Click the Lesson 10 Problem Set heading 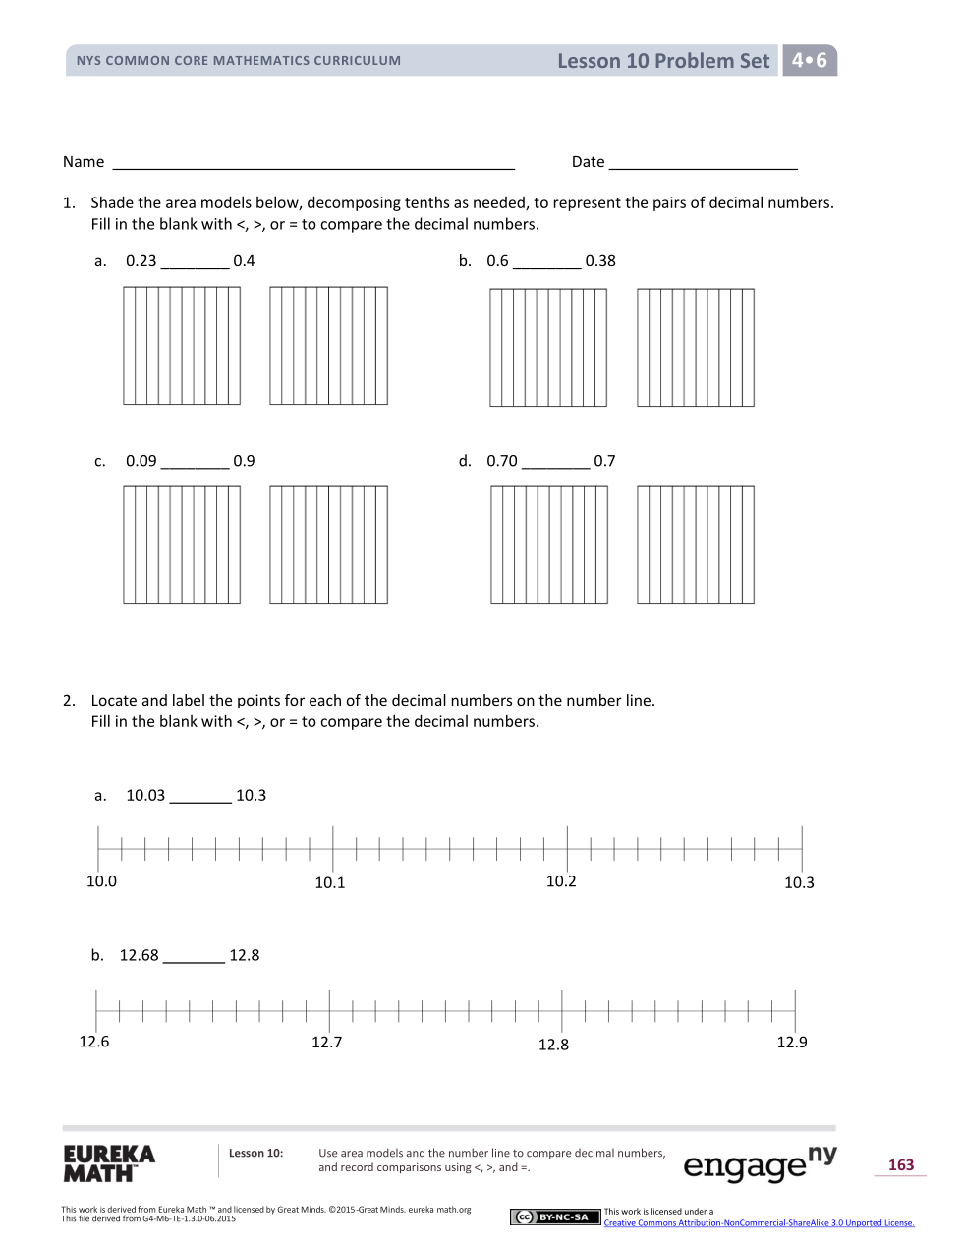coord(663,61)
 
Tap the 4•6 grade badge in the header coord(810,60)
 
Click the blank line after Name coord(313,163)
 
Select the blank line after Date coord(703,163)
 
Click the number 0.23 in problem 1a coord(141,261)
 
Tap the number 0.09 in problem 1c coord(141,461)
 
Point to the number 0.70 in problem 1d coord(502,461)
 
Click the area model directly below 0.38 coord(696,348)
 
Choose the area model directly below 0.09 coord(182,545)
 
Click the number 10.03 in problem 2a coord(145,796)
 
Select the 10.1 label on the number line coord(330,883)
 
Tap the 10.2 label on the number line coord(561,882)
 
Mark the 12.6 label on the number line coord(94,1042)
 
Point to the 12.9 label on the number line coord(792,1043)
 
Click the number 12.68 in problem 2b coord(139,956)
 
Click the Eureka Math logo coord(109,1163)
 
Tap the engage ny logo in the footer coord(760,1163)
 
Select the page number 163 coord(901,1165)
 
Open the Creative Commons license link coord(759,1223)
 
